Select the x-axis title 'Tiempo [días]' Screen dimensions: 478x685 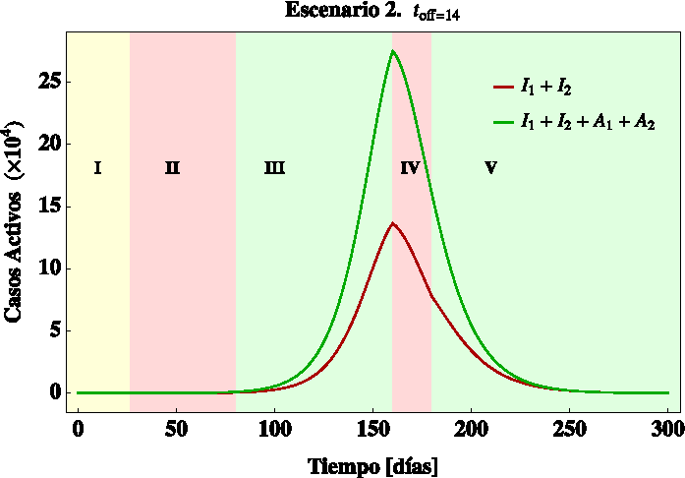tap(372, 463)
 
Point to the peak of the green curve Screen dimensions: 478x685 tap(393, 51)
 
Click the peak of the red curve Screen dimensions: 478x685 tap(392, 223)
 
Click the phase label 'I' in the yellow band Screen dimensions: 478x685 tap(97, 168)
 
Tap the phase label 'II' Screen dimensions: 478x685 tap(172, 168)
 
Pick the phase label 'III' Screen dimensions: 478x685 tap(274, 168)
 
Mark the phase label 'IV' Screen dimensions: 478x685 tap(410, 168)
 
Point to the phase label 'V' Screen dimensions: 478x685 tap(490, 168)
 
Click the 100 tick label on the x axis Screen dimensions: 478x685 tap(274, 431)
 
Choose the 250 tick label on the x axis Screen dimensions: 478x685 tap(569, 431)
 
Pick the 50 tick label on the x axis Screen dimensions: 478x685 tap(176, 431)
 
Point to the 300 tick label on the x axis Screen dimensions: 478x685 tap(667, 431)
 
